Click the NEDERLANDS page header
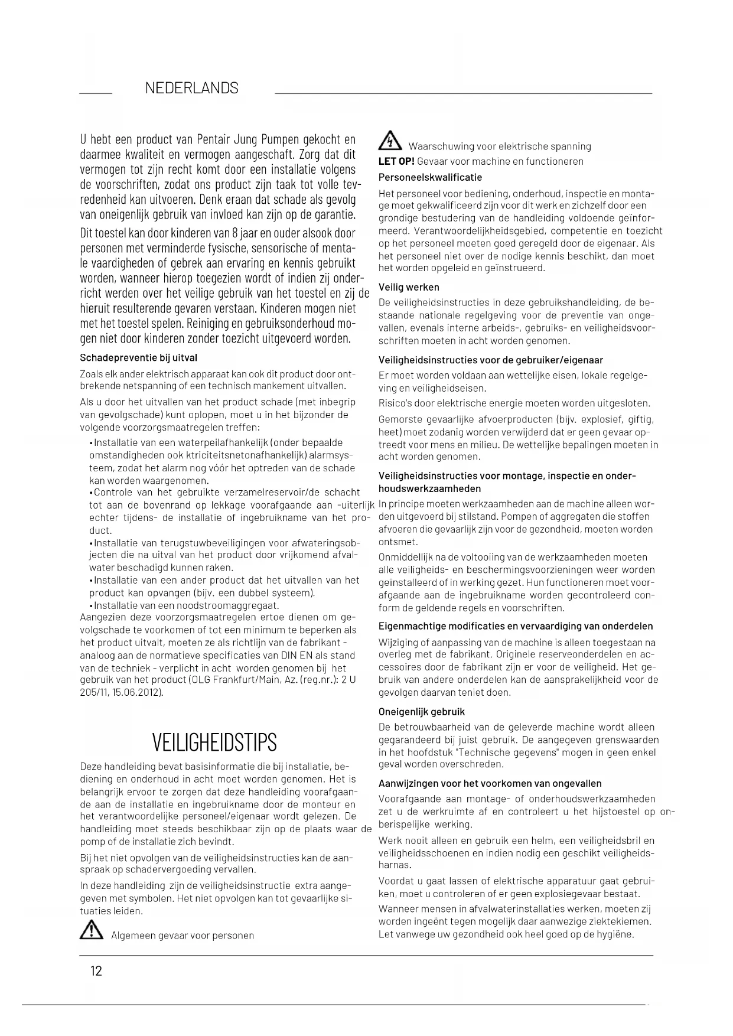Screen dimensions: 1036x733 click(191, 89)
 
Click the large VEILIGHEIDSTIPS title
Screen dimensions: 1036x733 click(214, 742)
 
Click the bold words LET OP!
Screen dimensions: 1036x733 click(396, 161)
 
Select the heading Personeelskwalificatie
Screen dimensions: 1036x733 click(430, 177)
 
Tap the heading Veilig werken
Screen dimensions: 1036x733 click(409, 287)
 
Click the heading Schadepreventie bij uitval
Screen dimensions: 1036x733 click(138, 357)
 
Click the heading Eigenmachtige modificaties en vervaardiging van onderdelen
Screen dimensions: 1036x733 click(516, 626)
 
